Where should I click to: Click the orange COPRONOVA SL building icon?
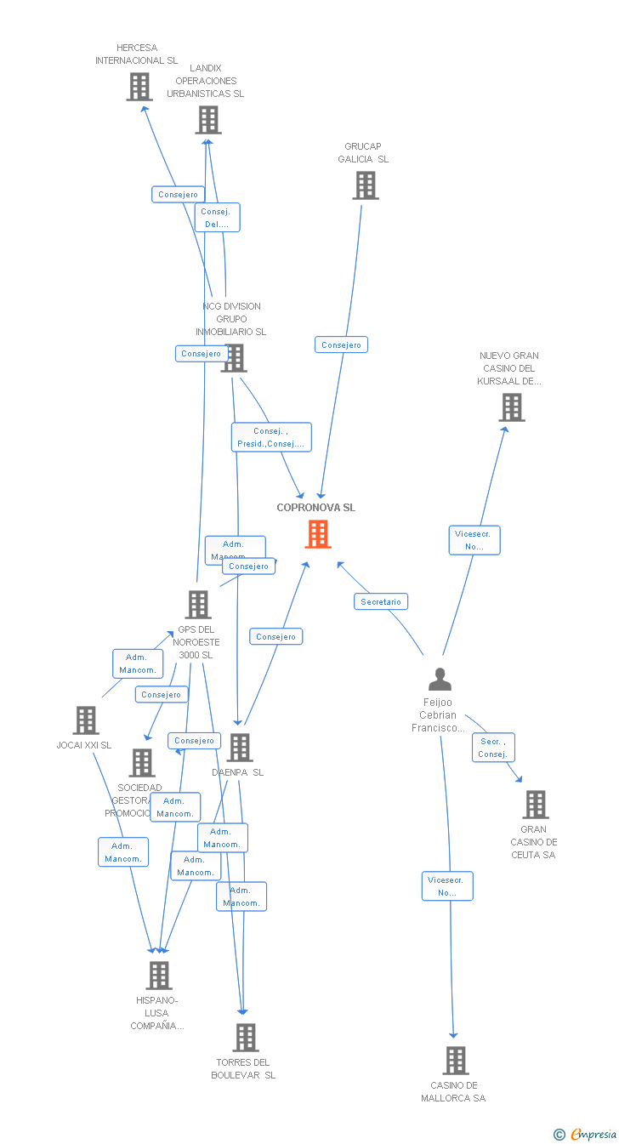coord(318,534)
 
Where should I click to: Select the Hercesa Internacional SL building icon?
coord(139,87)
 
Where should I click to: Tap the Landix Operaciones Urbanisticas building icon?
coord(208,120)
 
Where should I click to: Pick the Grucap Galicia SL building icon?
coord(366,185)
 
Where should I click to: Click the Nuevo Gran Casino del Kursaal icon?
coord(512,407)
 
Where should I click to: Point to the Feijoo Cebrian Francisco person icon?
coord(440,679)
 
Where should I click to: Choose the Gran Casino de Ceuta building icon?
coord(536,805)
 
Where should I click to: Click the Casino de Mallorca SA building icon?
coord(456,1061)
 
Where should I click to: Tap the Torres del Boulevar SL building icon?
coord(246,1038)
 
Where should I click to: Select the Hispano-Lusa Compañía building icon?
coord(159,976)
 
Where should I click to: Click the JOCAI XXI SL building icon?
coord(86,720)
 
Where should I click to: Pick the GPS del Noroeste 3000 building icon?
coord(198,605)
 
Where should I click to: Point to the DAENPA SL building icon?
coord(240,748)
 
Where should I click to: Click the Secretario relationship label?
coord(381,601)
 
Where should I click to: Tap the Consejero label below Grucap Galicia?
coord(341,344)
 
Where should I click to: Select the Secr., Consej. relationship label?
coord(492,748)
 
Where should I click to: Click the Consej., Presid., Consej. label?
coord(271,437)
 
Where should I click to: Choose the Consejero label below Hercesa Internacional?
coord(179,194)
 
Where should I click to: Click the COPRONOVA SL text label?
coord(316,508)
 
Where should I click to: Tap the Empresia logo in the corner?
coord(586,1134)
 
